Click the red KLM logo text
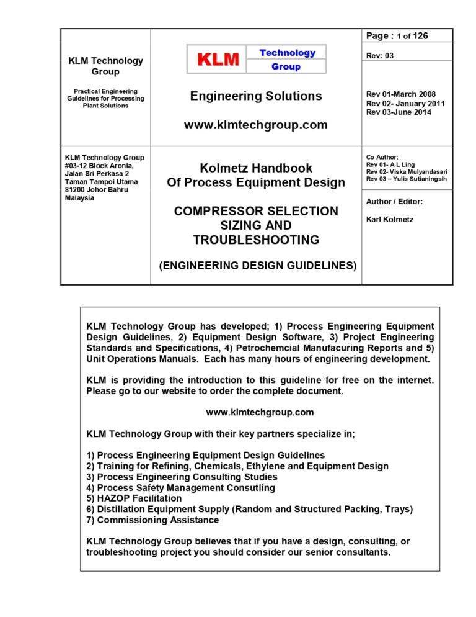click(218, 60)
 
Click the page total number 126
click(420, 36)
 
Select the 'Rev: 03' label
click(380, 55)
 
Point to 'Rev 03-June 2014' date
click(399, 112)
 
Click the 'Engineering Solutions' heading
click(256, 96)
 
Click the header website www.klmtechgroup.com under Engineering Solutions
click(256, 125)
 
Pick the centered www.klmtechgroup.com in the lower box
click(260, 412)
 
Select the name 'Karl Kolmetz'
click(390, 219)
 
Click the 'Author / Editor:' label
click(394, 201)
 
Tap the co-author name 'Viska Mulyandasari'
click(416, 171)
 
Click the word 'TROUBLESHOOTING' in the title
click(256, 240)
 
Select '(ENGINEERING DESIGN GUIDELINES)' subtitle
click(258, 265)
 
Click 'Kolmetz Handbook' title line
click(256, 168)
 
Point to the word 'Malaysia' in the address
click(80, 198)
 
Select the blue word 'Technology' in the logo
click(287, 53)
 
